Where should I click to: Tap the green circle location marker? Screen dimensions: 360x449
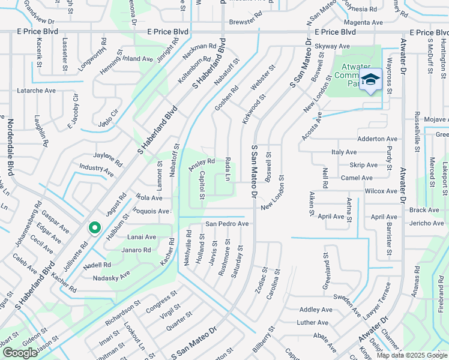[x=94, y=228]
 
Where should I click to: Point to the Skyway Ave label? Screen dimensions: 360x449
[x=332, y=46]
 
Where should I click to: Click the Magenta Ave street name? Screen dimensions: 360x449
[x=364, y=22]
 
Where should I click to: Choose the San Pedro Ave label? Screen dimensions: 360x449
[x=227, y=224]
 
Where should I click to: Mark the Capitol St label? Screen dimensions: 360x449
[x=202, y=186]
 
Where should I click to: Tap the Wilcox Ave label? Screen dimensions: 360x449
[x=381, y=191]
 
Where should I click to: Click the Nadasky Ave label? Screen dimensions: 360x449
[x=111, y=278]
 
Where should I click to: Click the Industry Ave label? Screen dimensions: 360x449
[x=96, y=170]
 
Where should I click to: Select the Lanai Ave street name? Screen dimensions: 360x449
[x=142, y=237]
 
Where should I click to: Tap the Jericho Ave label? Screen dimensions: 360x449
[x=424, y=223]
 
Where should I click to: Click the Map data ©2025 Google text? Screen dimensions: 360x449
[x=412, y=355]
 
